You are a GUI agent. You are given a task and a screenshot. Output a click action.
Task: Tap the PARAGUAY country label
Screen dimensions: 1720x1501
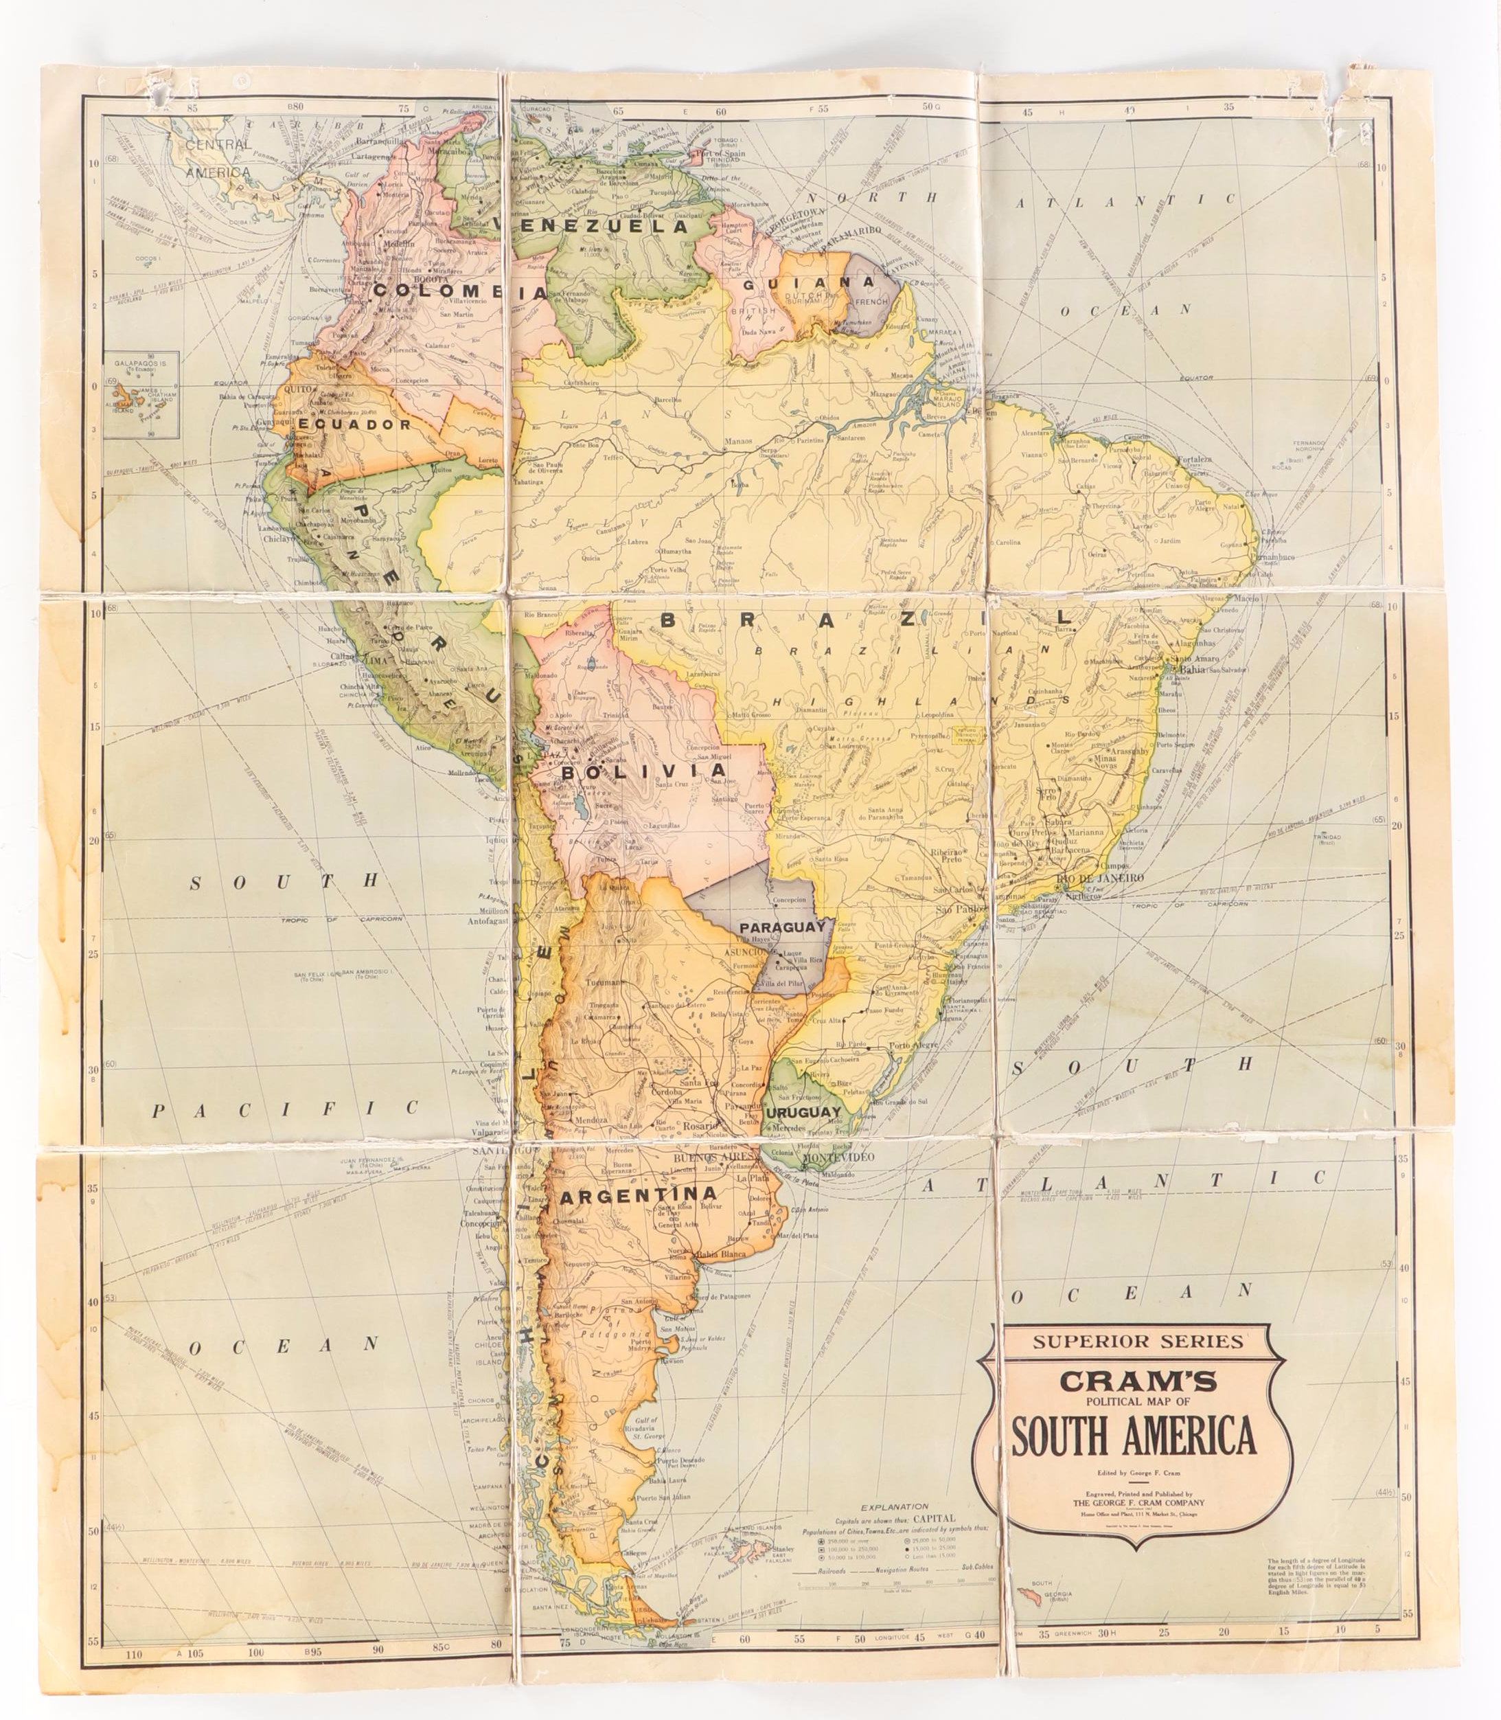tap(782, 928)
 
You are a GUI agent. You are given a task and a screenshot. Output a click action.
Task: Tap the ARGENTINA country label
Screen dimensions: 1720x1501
tap(639, 1193)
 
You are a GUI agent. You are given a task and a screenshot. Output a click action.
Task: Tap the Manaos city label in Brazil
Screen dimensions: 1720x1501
tap(738, 441)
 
